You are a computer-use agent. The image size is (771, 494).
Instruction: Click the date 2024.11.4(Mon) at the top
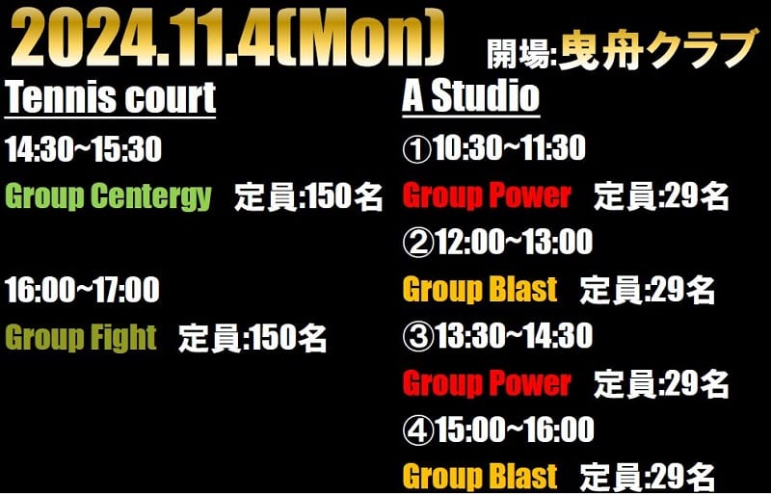coord(227,39)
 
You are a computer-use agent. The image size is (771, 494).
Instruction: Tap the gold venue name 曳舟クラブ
coord(657,50)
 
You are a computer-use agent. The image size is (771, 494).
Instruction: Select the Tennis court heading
coord(110,98)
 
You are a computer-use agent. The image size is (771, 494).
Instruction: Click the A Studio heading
coord(471,97)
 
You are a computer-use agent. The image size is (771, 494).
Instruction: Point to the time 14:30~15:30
coord(84,149)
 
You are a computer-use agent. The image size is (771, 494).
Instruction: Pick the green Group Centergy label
coord(109,196)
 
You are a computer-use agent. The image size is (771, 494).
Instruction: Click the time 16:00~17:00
coord(83,290)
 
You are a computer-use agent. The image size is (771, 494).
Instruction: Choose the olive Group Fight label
coord(81,338)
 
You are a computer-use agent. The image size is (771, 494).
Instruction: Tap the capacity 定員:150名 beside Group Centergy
coord(308,197)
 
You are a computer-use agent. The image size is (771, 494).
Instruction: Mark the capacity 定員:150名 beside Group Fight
coord(253,338)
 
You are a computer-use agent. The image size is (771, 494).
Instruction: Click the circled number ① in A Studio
coord(417,149)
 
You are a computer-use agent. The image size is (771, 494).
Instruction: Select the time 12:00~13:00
coord(515,244)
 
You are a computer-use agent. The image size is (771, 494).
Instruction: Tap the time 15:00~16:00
coord(515,430)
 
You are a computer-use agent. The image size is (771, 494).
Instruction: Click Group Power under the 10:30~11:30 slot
coord(487,196)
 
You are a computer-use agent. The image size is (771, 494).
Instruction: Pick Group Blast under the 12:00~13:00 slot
coord(480,289)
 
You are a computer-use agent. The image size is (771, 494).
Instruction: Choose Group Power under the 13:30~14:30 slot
coord(487,383)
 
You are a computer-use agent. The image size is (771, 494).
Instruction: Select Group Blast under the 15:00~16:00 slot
coord(480,476)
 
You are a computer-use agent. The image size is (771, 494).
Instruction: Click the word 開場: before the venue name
coord(521,54)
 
